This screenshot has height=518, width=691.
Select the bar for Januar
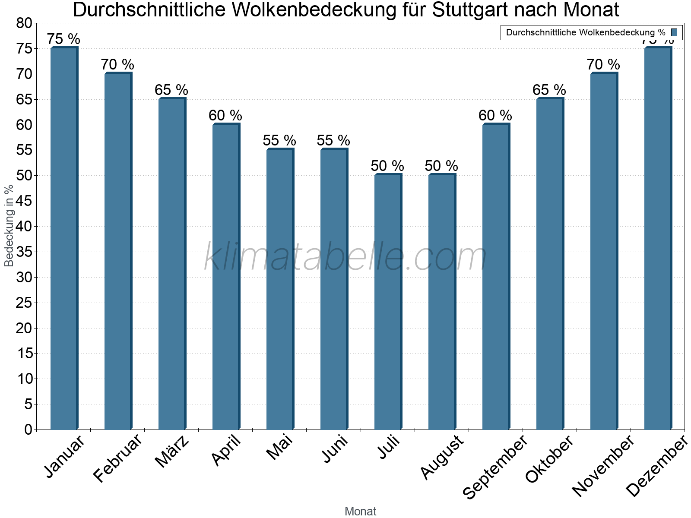(x=63, y=238)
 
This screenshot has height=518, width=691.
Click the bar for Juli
(x=387, y=302)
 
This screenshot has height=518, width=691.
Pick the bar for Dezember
(x=657, y=238)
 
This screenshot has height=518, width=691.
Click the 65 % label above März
(x=171, y=90)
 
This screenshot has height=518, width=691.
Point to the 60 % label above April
(x=225, y=115)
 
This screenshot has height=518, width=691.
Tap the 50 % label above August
(x=441, y=166)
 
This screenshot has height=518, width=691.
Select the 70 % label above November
(x=603, y=65)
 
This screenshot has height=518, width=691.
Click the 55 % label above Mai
(x=279, y=141)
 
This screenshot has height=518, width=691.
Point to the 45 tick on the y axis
(x=24, y=201)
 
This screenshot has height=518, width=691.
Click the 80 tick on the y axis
(x=24, y=23)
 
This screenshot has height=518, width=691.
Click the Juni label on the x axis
(x=336, y=449)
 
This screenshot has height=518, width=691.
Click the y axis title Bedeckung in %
(x=9, y=226)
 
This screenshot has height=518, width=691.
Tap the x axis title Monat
(x=360, y=512)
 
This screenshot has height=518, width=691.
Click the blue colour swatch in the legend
(x=674, y=32)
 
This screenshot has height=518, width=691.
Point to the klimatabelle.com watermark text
(x=345, y=257)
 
